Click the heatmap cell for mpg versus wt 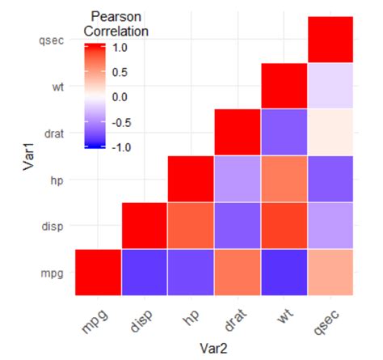284,272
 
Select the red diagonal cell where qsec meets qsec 331,39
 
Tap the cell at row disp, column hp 191,226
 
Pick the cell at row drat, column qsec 331,132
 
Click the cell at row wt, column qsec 331,85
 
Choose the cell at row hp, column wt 284,179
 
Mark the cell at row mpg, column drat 238,272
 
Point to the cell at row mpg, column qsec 331,272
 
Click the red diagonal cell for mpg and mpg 98,272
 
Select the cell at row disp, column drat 238,226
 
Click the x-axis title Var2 214,349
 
